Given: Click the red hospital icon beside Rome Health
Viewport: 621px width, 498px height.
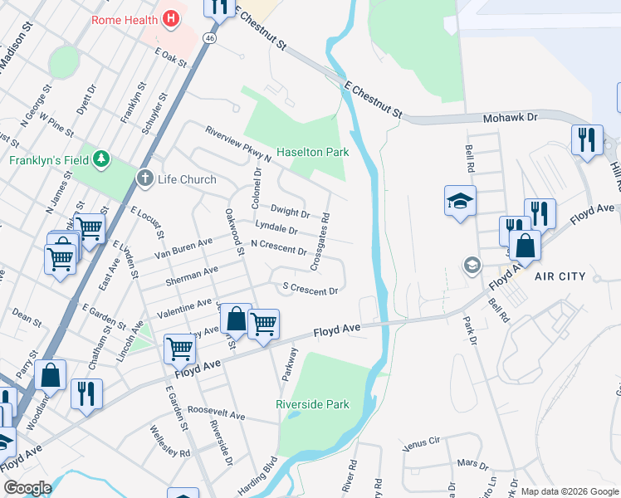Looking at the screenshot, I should click(x=171, y=18).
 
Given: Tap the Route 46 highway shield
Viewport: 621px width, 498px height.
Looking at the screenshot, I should click(x=211, y=38).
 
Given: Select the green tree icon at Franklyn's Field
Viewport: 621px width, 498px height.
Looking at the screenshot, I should click(x=102, y=158).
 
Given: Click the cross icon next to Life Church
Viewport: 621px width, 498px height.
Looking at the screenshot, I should click(x=145, y=178).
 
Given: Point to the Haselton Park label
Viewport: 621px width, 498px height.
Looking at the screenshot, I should click(x=312, y=153).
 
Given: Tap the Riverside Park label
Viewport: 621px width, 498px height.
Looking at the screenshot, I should click(x=312, y=404).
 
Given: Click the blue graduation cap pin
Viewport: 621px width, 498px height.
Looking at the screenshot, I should click(x=460, y=202).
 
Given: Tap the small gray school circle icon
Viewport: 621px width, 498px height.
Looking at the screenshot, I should click(x=472, y=265).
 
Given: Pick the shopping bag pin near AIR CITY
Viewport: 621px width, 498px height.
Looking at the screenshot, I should click(x=525, y=247).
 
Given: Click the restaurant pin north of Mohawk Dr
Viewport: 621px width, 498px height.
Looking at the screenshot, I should click(x=587, y=139).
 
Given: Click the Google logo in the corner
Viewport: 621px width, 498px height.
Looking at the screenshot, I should click(x=27, y=488).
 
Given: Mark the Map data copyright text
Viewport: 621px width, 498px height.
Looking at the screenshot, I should click(x=570, y=491).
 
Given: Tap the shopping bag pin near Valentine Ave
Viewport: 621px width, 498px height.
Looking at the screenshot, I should click(x=236, y=319).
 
